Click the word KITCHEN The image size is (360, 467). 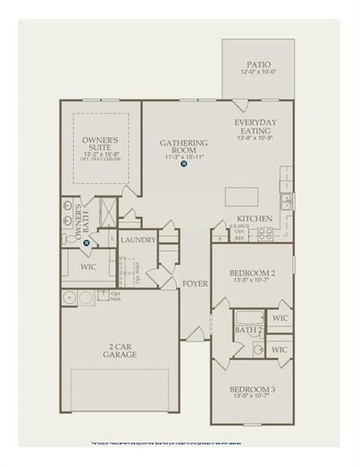pos(253,219)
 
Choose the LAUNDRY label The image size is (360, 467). pos(138,240)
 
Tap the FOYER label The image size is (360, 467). pos(195,283)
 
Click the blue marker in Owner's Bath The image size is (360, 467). pos(87,243)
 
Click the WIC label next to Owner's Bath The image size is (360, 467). pos(88,266)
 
